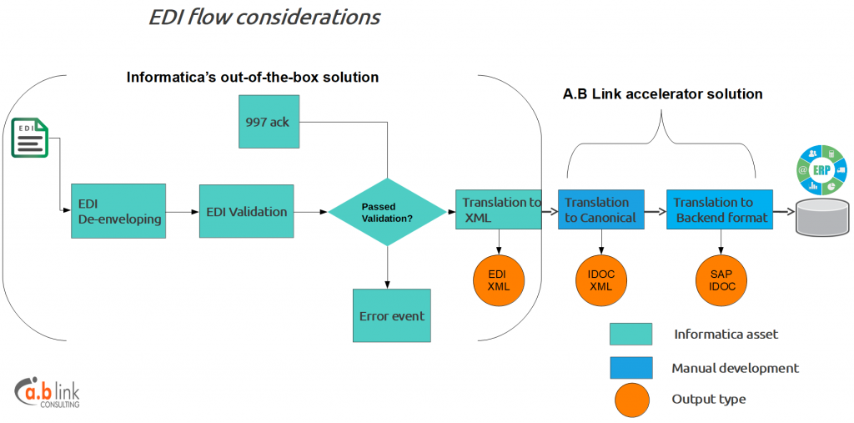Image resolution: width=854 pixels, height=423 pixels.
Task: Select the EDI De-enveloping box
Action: click(118, 211)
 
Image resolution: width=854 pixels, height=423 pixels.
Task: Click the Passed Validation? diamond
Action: click(387, 212)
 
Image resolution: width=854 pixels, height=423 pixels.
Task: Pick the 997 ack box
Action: click(269, 122)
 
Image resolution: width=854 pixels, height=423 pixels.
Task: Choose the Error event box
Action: click(392, 315)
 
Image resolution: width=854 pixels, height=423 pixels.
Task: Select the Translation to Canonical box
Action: click(600, 209)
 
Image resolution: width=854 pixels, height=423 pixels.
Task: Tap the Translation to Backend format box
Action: click(720, 209)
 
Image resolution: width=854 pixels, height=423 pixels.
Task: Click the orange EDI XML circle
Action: click(499, 279)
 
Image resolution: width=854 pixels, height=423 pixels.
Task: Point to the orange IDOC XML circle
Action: click(601, 279)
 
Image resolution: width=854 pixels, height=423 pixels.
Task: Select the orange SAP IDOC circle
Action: click(721, 279)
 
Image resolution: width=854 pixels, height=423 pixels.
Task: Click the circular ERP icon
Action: click(821, 170)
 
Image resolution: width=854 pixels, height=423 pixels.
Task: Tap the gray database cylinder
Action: click(822, 218)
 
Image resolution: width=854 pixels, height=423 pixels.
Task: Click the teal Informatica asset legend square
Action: click(630, 335)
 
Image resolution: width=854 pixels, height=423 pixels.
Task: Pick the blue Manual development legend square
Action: click(630, 368)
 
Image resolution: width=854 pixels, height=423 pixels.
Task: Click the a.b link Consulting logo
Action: click(48, 392)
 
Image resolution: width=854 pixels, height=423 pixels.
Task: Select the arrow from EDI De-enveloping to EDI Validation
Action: click(183, 212)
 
